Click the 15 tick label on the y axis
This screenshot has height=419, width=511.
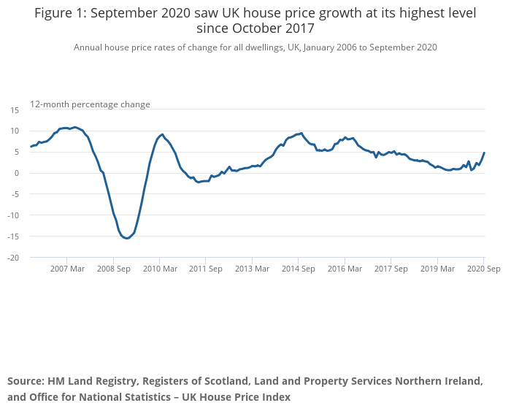14,109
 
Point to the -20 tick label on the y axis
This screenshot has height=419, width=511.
12,258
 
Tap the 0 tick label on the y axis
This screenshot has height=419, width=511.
17,173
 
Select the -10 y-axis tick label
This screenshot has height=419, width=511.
12,215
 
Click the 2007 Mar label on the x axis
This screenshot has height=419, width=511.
66,269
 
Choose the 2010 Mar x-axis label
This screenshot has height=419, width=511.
159,269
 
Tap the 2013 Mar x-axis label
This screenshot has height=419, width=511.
252,269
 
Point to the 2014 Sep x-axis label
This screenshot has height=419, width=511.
298,269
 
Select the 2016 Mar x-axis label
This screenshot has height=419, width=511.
345,269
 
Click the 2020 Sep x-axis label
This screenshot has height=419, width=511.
483,269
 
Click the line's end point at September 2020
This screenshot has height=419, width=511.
484,153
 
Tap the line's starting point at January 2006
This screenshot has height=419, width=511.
31,147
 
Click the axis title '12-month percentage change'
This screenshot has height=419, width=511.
90,104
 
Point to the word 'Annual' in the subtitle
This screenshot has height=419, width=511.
90,47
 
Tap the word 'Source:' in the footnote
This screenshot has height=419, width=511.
26,381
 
